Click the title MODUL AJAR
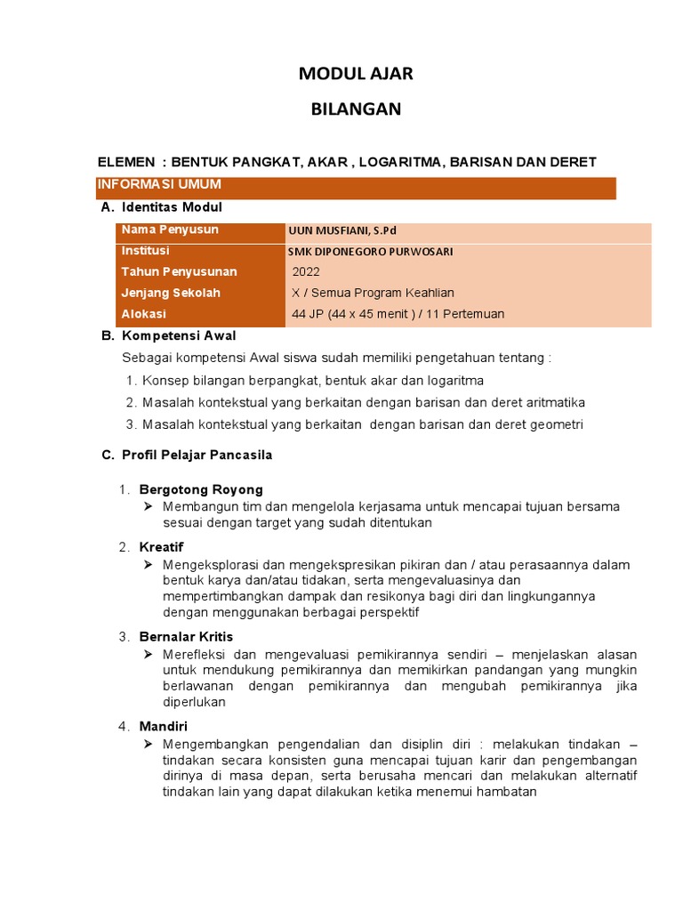click(356, 74)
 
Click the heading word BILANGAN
click(356, 109)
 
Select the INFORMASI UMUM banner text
click(159, 185)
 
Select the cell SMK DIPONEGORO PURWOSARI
click(370, 252)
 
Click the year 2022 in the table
click(306, 272)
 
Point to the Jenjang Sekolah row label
click(171, 293)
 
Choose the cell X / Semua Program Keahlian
click(373, 294)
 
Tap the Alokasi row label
click(144, 314)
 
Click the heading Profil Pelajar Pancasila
click(197, 455)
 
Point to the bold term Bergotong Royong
click(201, 489)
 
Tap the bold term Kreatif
click(161, 547)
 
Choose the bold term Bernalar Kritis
click(186, 637)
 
